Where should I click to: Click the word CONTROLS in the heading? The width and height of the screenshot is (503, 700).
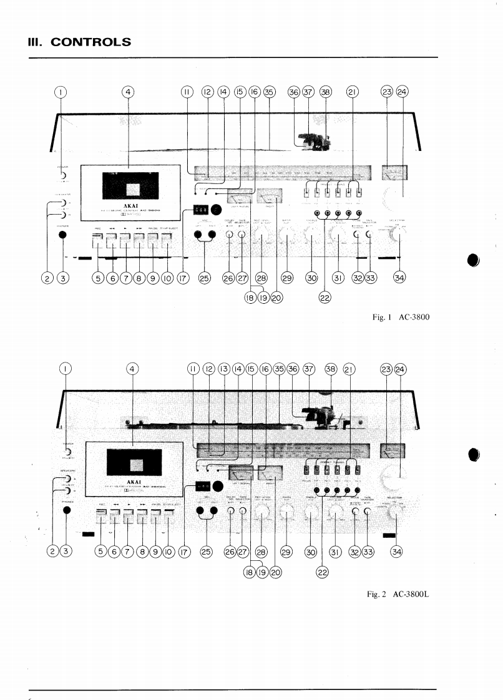(x=91, y=42)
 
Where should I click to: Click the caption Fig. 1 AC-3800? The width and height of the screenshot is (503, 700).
(x=401, y=318)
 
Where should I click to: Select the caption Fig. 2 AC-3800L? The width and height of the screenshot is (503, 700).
(x=401, y=593)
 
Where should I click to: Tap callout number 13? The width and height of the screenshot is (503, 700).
(x=222, y=368)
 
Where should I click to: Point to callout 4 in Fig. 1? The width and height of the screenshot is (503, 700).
(x=128, y=92)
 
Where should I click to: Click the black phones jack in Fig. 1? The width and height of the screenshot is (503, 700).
(x=62, y=235)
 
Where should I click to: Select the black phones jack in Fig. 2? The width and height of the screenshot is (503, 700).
(x=67, y=510)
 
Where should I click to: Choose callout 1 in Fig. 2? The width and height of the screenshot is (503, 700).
(x=65, y=368)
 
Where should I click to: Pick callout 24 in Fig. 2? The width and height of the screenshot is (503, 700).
(x=401, y=368)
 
